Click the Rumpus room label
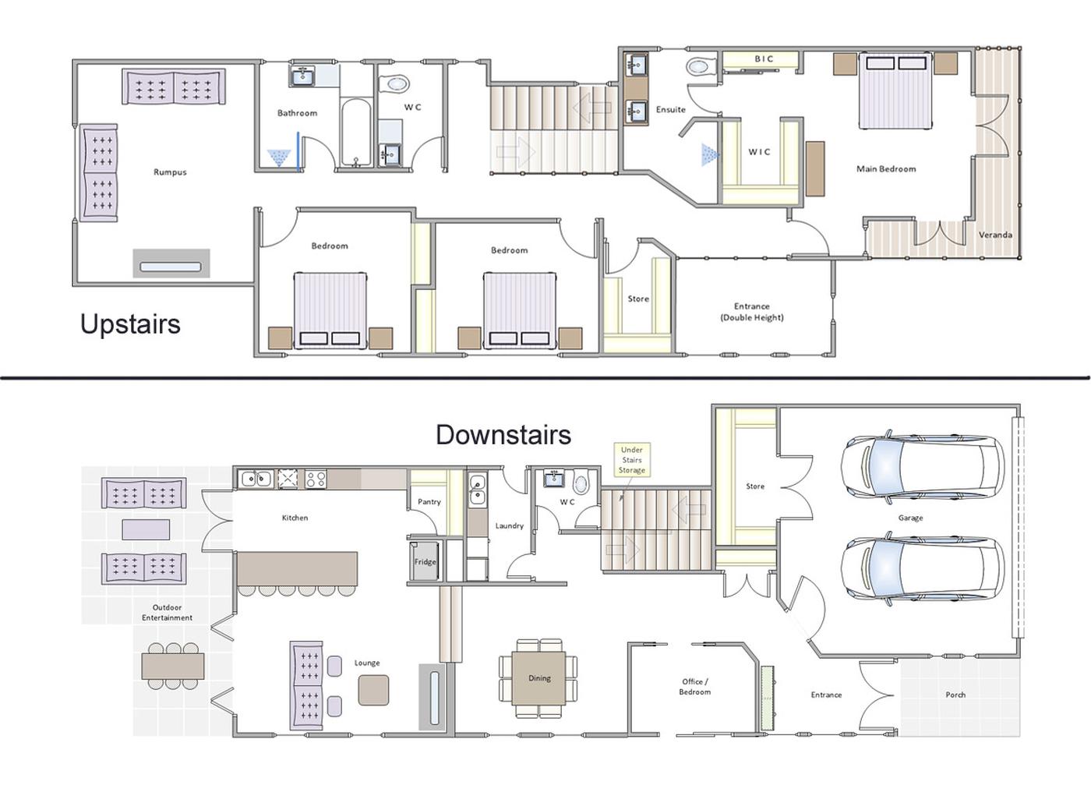[x=170, y=172]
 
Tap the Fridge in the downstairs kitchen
[x=425, y=561]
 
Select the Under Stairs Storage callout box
[x=632, y=459]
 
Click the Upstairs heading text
[x=131, y=324]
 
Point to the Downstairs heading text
[x=503, y=434]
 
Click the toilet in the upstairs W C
[x=394, y=84]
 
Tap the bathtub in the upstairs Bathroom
[x=356, y=132]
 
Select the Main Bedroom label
[x=886, y=169]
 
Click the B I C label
[x=764, y=59]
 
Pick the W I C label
[x=759, y=152]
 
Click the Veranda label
[x=995, y=235]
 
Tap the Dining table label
[x=539, y=677]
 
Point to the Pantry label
[x=429, y=502]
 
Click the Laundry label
[x=510, y=525]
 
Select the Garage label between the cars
[x=910, y=518]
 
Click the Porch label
[x=955, y=695]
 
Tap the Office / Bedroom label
[x=695, y=687]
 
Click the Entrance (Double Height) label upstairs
[x=752, y=312]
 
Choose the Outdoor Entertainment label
[x=167, y=613]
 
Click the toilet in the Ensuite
[x=701, y=67]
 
